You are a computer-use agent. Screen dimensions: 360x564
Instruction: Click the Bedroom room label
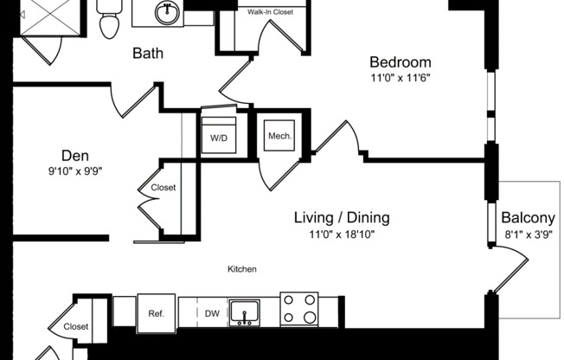click(x=400, y=62)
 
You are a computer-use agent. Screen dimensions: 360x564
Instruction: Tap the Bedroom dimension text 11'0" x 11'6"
click(x=400, y=78)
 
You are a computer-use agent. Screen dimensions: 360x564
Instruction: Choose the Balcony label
click(x=528, y=218)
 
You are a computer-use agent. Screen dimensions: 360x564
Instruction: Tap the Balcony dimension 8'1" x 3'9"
click(x=528, y=234)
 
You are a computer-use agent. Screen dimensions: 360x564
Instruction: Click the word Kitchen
click(x=242, y=269)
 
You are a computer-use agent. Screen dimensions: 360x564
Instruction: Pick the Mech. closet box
click(x=279, y=136)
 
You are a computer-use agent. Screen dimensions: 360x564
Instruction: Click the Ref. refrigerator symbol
click(x=157, y=313)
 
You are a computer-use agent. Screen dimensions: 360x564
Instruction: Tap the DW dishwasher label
click(x=212, y=313)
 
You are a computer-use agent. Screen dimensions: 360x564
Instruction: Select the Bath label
click(x=148, y=54)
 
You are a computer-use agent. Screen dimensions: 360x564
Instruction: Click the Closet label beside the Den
click(x=163, y=188)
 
